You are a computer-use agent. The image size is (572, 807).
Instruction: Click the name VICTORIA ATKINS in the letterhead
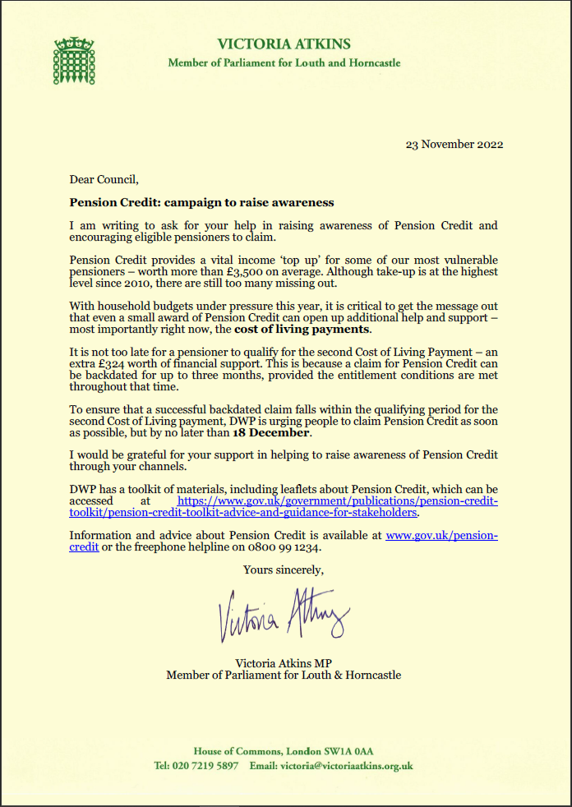point(284,44)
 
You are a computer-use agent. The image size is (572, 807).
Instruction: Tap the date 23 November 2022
point(454,145)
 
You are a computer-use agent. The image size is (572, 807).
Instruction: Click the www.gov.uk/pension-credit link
point(441,535)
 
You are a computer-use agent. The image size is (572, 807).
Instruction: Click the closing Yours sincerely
point(284,569)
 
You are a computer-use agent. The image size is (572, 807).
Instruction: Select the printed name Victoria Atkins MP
point(284,662)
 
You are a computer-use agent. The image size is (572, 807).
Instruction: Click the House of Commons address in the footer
point(284,751)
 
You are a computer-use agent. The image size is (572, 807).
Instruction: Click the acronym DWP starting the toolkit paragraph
point(83,489)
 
